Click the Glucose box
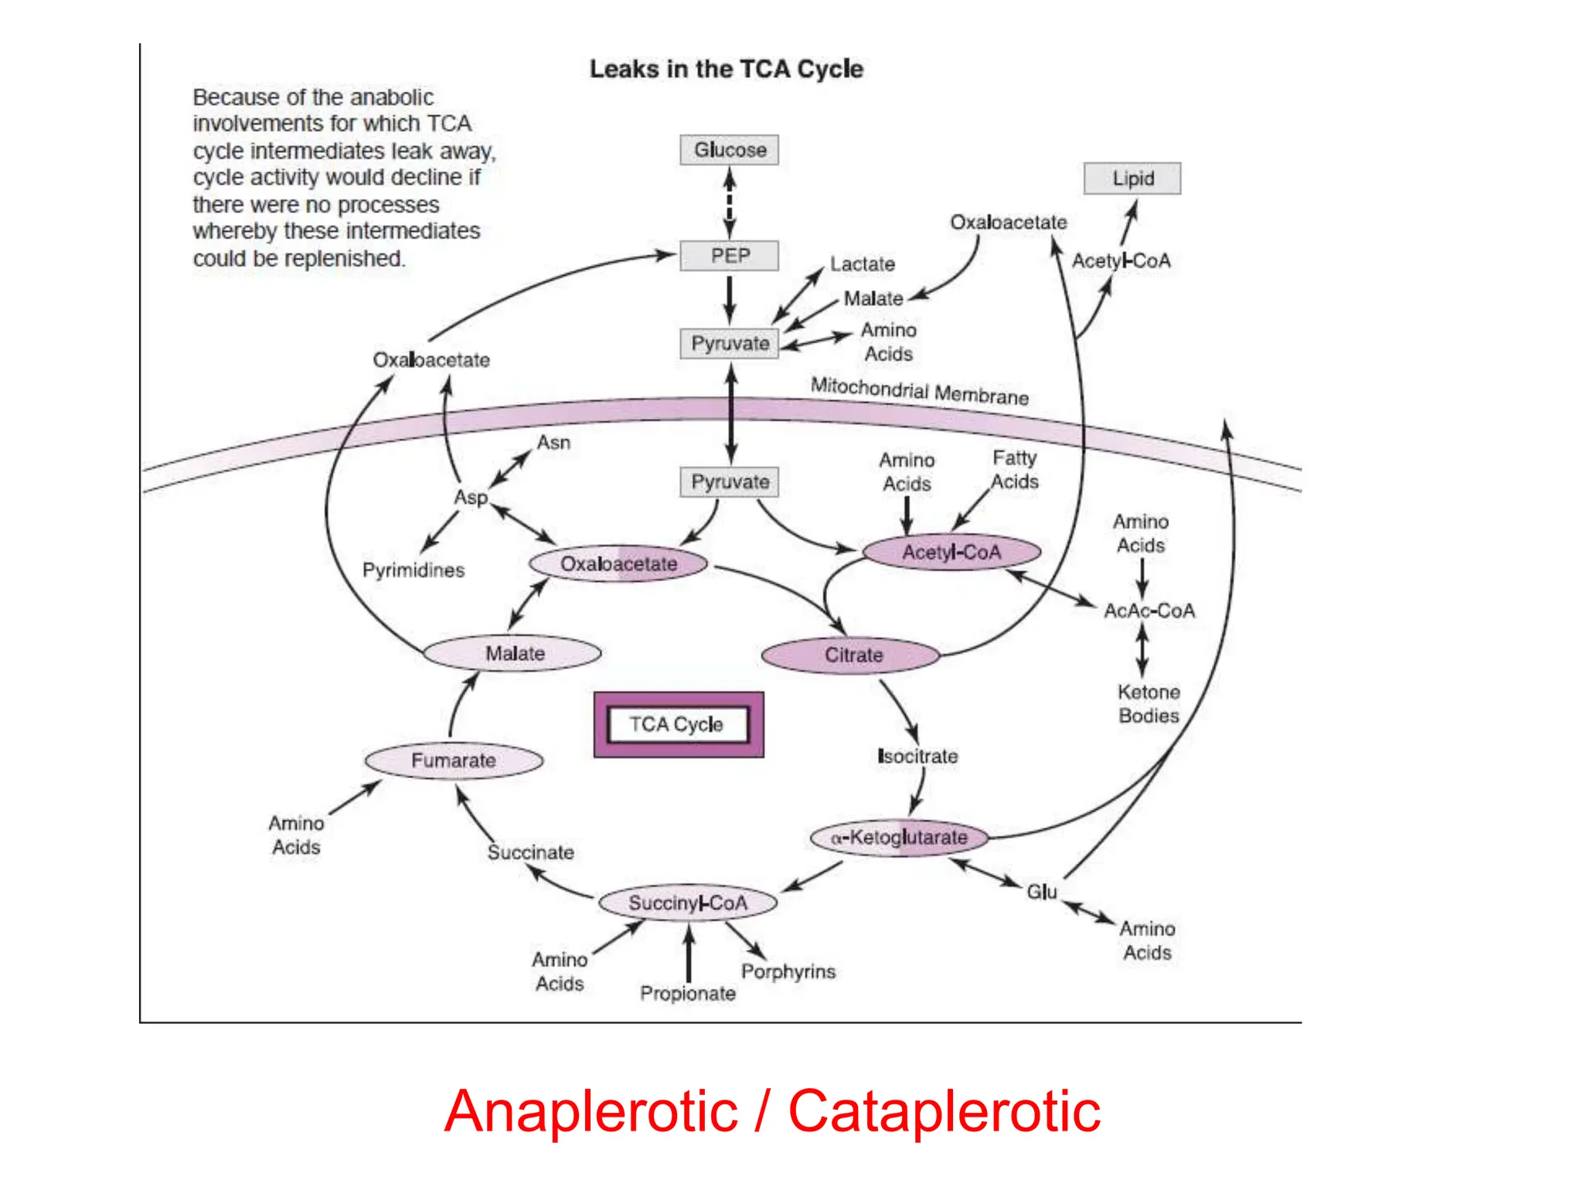(729, 150)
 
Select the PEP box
(729, 256)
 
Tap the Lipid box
(1132, 179)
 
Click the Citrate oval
(851, 655)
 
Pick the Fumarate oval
(454, 760)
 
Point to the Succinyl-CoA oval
(687, 903)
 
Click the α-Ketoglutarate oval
(899, 838)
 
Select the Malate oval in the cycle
(513, 654)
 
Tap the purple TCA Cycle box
(678, 725)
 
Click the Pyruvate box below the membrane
(729, 482)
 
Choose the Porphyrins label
(788, 971)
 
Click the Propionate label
(687, 994)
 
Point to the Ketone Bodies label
(1149, 704)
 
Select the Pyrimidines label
(414, 570)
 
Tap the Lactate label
(862, 264)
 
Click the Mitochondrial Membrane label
(919, 391)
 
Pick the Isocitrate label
(917, 757)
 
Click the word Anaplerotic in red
(591, 1111)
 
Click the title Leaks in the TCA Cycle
(726, 70)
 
